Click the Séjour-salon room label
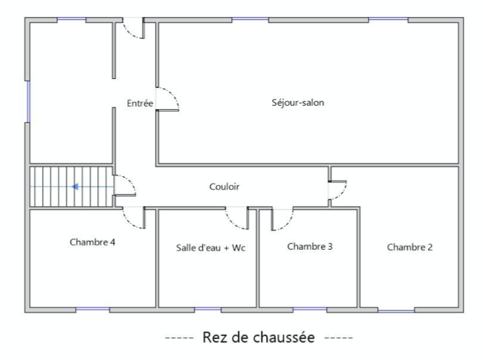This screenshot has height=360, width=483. (298, 103)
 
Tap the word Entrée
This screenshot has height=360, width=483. (140, 103)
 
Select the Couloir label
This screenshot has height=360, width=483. (224, 187)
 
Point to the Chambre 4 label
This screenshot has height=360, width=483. (92, 242)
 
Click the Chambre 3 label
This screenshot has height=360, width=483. (309, 246)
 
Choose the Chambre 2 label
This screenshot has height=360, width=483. (409, 247)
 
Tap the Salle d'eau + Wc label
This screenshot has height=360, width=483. (210, 247)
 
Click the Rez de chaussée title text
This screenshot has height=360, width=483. (259, 338)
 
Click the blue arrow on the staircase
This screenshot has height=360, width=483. (77, 187)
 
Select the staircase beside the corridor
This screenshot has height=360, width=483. (70, 187)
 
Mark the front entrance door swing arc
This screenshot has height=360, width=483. (133, 30)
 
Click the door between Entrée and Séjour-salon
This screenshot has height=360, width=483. (167, 99)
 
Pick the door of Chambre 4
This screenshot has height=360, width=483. (133, 218)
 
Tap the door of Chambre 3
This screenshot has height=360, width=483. (283, 218)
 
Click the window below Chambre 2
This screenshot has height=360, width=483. (396, 309)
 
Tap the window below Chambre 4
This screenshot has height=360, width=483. (92, 309)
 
